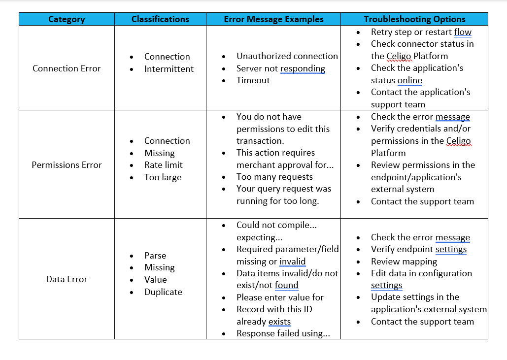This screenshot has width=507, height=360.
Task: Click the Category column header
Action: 67,19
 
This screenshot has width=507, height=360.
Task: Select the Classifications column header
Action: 160,19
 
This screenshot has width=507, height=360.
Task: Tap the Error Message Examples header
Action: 273,19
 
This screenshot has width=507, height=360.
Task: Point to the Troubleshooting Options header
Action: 414,19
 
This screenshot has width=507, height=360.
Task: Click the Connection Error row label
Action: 67,68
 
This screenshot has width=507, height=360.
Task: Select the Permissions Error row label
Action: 67,165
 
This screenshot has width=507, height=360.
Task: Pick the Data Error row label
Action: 67,279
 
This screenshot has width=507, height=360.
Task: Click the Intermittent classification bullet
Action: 169,69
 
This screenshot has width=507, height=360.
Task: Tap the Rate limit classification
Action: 163,165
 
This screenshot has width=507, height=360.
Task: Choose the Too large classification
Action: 163,177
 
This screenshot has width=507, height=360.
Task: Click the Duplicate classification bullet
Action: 163,292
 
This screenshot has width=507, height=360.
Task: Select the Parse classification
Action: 155,256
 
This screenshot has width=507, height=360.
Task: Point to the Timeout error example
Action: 253,80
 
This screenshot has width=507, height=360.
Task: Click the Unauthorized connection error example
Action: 287,56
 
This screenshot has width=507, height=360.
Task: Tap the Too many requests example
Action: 274,177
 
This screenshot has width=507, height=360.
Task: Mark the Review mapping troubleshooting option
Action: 404,262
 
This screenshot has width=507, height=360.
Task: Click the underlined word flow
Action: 463,32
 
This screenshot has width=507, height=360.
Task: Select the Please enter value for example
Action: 280,297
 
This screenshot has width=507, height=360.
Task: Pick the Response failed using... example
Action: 283,333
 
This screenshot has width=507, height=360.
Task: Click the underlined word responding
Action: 303,68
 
